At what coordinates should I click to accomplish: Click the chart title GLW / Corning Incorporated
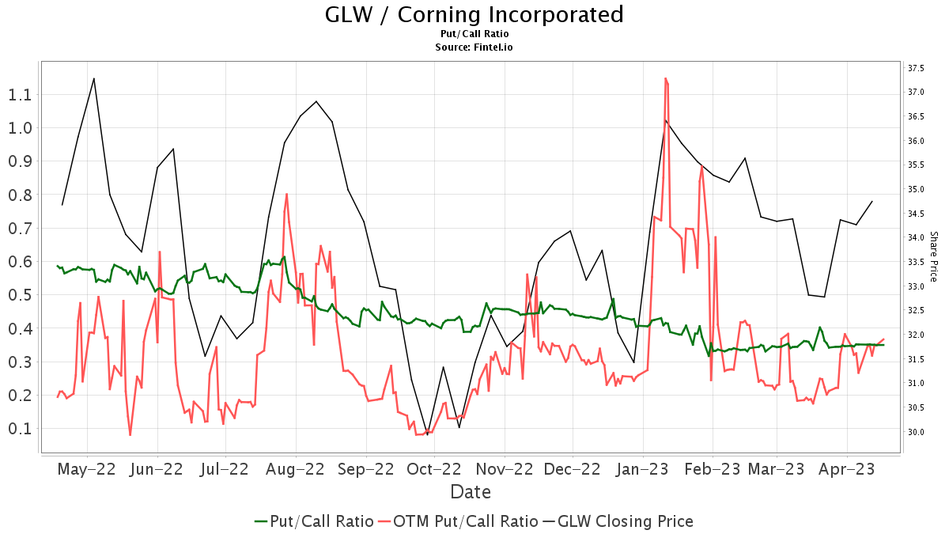474,14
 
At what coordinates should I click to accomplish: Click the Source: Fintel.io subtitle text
474,47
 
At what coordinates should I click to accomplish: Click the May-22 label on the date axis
88,469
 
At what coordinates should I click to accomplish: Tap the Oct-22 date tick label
433,469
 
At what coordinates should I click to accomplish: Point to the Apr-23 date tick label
847,469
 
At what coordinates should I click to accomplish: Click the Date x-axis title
471,492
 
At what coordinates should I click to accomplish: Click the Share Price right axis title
933,256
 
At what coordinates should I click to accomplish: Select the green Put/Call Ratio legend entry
314,521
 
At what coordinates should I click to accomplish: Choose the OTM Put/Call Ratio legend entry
457,521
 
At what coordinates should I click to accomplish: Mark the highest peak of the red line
666,78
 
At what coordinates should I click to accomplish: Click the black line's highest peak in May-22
94,78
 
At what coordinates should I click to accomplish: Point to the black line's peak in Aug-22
316,101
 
